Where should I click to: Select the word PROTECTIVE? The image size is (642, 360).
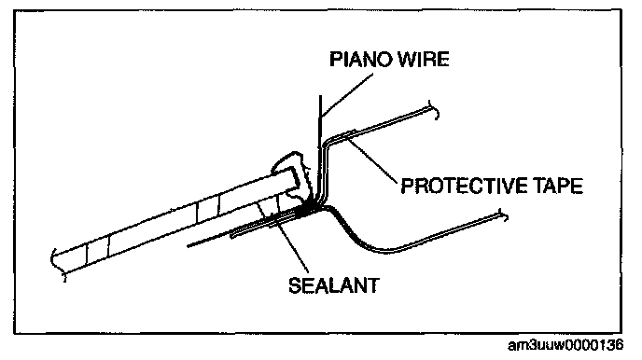click(464, 186)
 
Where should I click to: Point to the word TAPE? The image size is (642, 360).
click(558, 186)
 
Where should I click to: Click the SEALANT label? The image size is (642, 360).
click(334, 285)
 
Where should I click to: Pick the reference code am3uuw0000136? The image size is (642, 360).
click(565, 346)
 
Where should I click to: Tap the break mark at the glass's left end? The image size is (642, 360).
click(57, 265)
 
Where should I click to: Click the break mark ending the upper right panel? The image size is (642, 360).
click(434, 109)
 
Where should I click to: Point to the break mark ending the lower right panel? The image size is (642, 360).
click(503, 215)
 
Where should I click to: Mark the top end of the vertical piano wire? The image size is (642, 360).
click(320, 96)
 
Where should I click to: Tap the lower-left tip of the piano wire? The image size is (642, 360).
click(188, 246)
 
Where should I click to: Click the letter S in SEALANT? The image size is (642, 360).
click(295, 285)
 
